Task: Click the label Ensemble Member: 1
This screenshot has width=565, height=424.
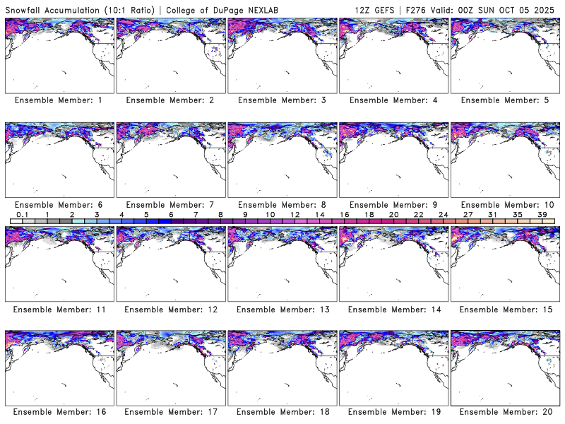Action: (x=59, y=100)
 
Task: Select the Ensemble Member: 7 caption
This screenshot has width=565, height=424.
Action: (x=169, y=205)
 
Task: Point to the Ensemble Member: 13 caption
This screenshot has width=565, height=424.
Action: (x=281, y=309)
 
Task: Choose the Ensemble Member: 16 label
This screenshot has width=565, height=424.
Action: (x=59, y=412)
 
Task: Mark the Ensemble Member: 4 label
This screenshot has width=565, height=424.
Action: (x=393, y=100)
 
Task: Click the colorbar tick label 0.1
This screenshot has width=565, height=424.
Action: (x=22, y=214)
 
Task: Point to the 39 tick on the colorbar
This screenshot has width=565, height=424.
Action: (x=542, y=214)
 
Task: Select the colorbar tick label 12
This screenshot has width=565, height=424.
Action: (x=295, y=214)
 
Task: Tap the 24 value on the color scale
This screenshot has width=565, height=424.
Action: (x=443, y=214)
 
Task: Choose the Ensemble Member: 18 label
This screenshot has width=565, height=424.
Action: (x=281, y=412)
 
